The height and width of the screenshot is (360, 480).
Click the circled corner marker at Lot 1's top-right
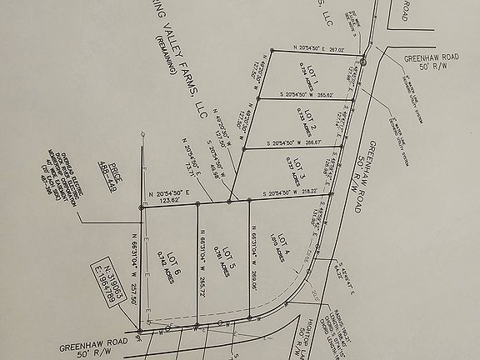(x=364, y=60)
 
